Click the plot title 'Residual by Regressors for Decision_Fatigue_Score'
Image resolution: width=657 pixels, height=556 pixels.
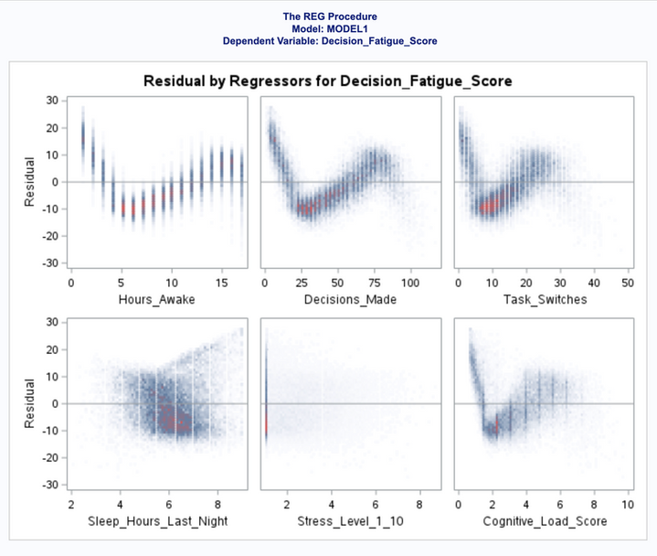click(x=327, y=81)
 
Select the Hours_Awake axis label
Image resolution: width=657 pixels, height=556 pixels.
click(x=156, y=299)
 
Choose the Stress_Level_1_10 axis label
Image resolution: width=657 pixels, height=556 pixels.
click(x=351, y=521)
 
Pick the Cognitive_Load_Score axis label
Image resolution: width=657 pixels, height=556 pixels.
click(x=543, y=521)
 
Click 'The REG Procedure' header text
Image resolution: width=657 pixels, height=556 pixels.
click(x=329, y=16)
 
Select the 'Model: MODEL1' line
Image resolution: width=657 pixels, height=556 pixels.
click(x=329, y=28)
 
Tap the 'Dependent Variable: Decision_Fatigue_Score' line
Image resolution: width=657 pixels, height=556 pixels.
click(x=329, y=41)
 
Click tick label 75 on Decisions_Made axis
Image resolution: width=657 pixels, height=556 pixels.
click(x=376, y=283)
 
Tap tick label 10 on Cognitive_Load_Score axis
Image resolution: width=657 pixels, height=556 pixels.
click(x=628, y=505)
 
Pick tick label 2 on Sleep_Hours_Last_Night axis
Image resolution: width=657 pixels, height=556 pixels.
click(x=71, y=505)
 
